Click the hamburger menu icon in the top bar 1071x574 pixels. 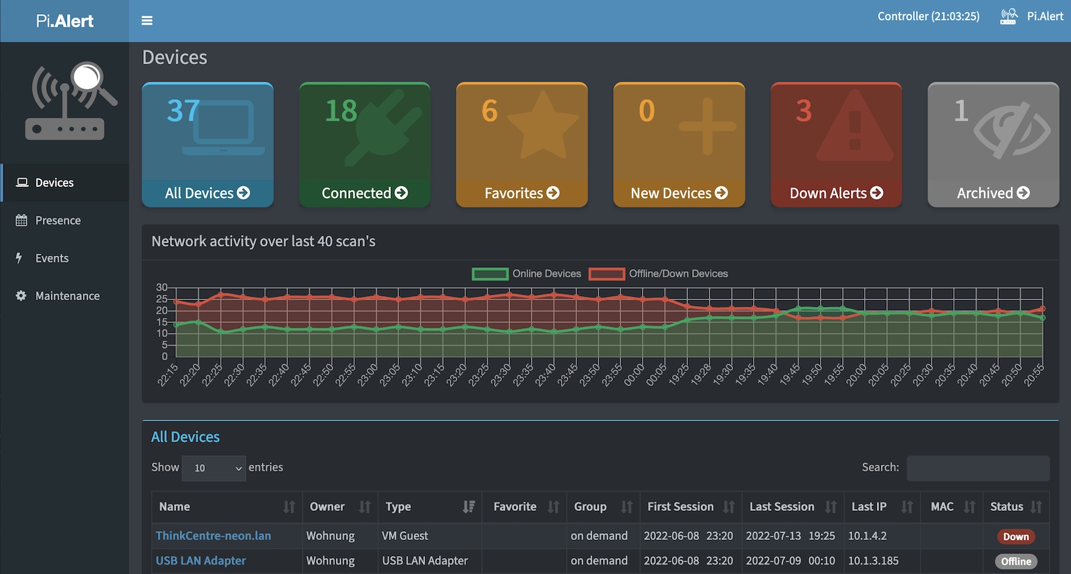(147, 21)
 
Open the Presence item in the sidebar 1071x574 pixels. (58, 220)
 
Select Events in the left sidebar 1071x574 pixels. (52, 258)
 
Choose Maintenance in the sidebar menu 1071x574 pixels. (67, 295)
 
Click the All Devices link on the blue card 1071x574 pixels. (207, 193)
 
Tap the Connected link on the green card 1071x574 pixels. (364, 193)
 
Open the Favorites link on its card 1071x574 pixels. (521, 193)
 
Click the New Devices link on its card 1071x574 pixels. (679, 193)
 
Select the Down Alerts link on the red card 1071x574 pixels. (836, 193)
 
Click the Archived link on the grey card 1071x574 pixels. (993, 193)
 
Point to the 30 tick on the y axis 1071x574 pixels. (162, 287)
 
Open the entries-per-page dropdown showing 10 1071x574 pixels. (214, 468)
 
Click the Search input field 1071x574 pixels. (977, 468)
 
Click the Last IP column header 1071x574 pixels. (869, 506)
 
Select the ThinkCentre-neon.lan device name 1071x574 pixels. (214, 536)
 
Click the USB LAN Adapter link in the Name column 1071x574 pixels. (201, 561)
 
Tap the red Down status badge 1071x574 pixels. (1015, 536)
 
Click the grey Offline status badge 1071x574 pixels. (1015, 561)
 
